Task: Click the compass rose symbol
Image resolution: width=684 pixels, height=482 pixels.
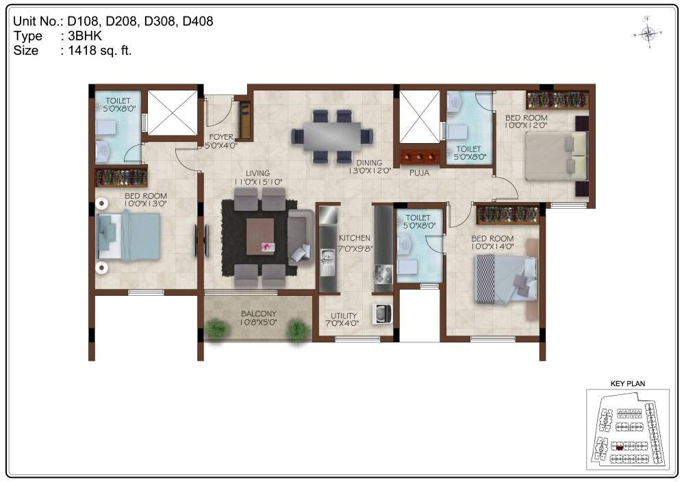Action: (648, 33)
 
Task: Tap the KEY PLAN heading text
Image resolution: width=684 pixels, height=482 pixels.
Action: (627, 384)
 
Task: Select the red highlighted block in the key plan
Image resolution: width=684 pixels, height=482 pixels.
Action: (620, 446)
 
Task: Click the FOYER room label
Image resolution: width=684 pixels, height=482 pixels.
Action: (221, 141)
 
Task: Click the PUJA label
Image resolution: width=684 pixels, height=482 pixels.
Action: (419, 173)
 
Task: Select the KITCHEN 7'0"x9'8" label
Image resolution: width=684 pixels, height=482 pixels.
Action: (355, 242)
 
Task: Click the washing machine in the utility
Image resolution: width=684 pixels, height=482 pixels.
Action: (381, 314)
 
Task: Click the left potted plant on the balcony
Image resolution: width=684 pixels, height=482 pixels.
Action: (216, 329)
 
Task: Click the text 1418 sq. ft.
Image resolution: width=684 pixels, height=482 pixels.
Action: (99, 50)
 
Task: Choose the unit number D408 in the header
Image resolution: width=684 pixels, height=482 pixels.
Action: (197, 21)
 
